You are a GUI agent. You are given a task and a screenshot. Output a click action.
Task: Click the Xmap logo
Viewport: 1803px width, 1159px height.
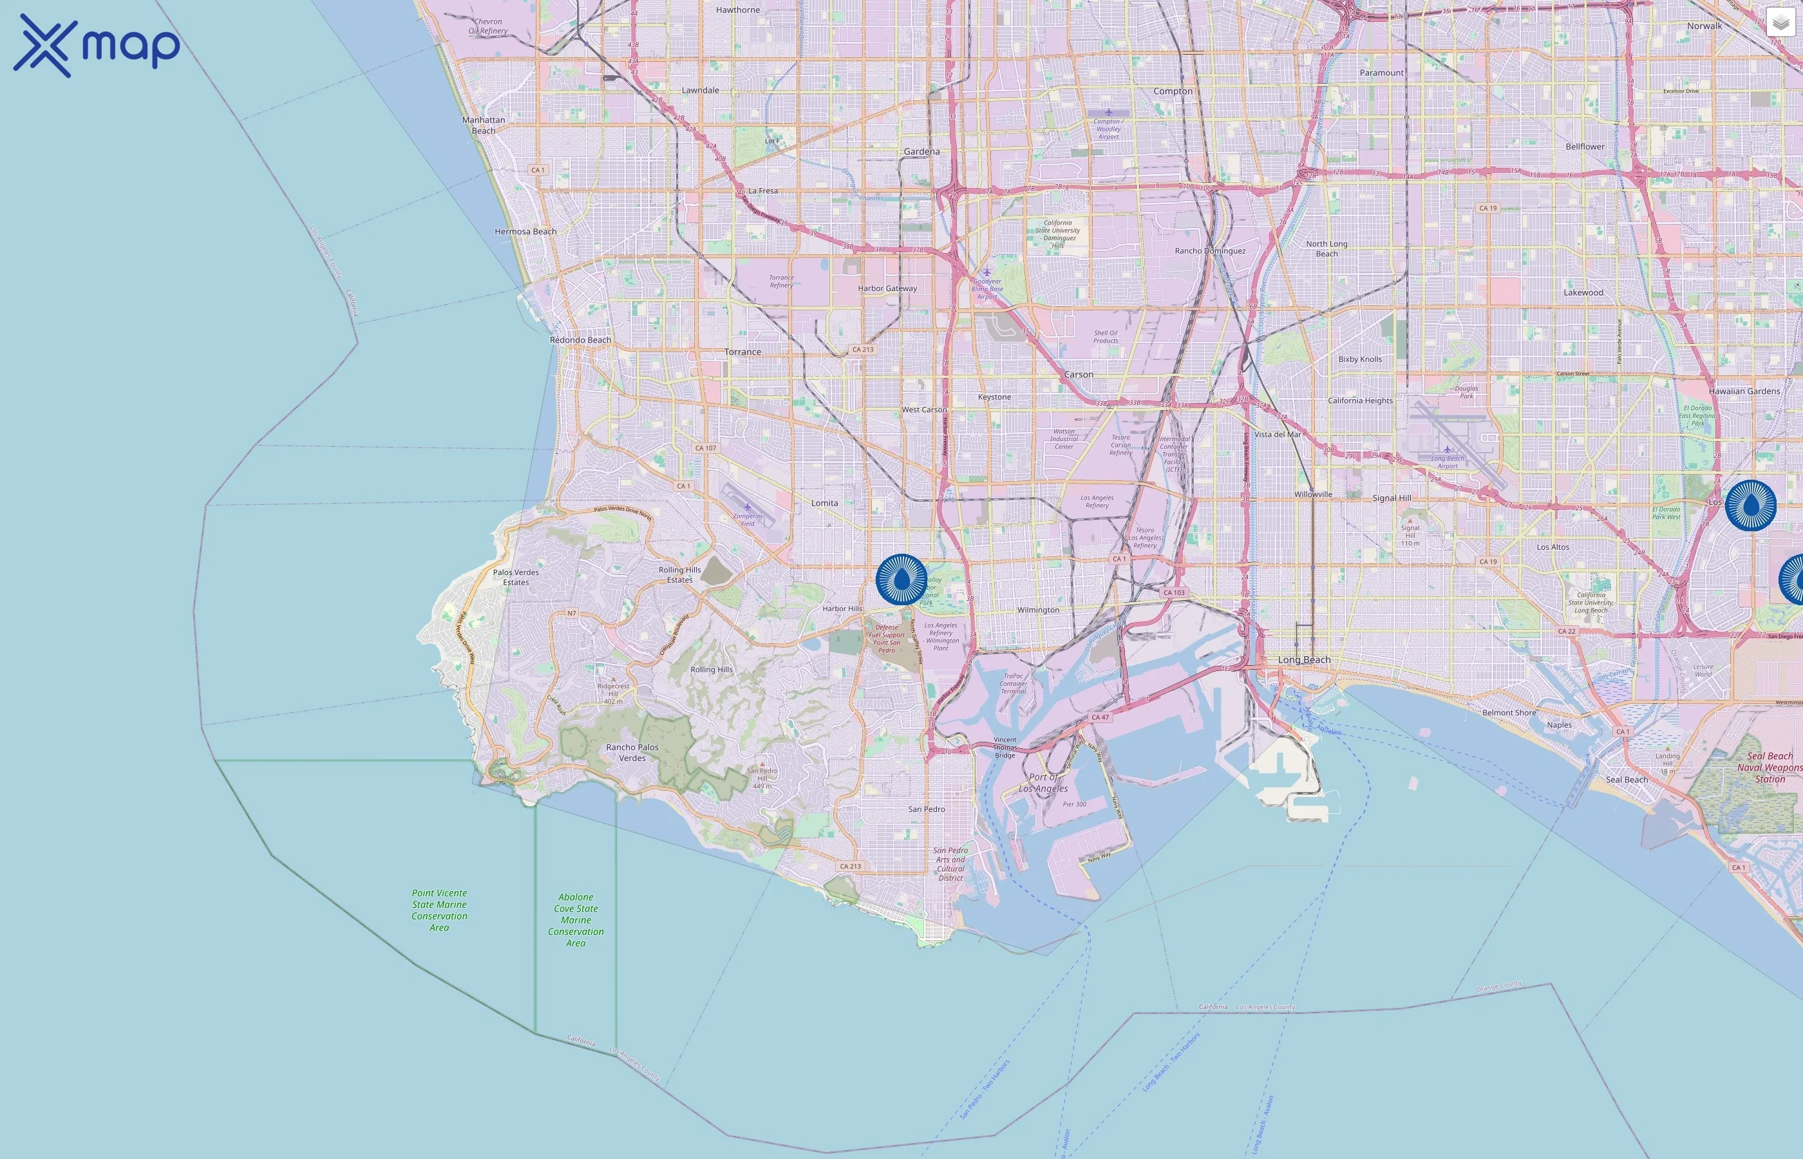(97, 45)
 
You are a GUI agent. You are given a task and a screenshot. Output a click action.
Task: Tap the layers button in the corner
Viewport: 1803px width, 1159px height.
(1780, 23)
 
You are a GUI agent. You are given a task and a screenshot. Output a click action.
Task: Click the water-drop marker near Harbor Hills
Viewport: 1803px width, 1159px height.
(901, 579)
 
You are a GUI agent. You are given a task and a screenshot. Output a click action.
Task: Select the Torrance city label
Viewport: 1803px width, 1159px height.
(742, 352)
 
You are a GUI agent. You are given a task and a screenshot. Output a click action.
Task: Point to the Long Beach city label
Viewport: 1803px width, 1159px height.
(1304, 660)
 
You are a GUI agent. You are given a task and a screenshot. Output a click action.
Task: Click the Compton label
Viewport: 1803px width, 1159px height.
(1173, 91)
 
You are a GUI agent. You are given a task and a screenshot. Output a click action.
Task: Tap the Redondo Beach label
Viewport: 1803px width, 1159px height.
(580, 340)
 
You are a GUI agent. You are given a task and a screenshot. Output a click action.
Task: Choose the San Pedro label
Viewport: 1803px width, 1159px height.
(927, 809)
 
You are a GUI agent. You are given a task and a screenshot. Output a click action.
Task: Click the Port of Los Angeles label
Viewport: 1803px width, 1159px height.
(1043, 783)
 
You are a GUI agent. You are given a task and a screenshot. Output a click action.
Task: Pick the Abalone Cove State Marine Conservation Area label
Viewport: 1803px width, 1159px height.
(576, 919)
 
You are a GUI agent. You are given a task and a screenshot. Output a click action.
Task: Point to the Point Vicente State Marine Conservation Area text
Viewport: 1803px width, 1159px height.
(439, 910)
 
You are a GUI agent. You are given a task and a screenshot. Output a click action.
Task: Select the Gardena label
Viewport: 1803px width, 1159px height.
(922, 151)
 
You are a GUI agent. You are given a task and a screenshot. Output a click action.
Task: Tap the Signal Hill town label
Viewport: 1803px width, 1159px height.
(1392, 498)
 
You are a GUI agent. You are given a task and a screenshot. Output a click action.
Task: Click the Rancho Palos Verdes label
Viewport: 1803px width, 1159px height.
(632, 753)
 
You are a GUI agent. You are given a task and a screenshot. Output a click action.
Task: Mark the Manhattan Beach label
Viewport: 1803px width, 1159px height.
(484, 125)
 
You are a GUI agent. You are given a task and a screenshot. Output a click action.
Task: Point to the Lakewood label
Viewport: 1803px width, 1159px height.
(1583, 293)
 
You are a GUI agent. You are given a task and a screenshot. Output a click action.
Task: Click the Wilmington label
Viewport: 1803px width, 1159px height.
(1038, 610)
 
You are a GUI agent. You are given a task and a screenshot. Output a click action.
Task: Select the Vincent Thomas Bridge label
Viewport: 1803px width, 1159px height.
(1005, 748)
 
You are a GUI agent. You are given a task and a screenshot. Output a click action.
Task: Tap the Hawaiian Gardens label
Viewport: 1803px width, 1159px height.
(1744, 391)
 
